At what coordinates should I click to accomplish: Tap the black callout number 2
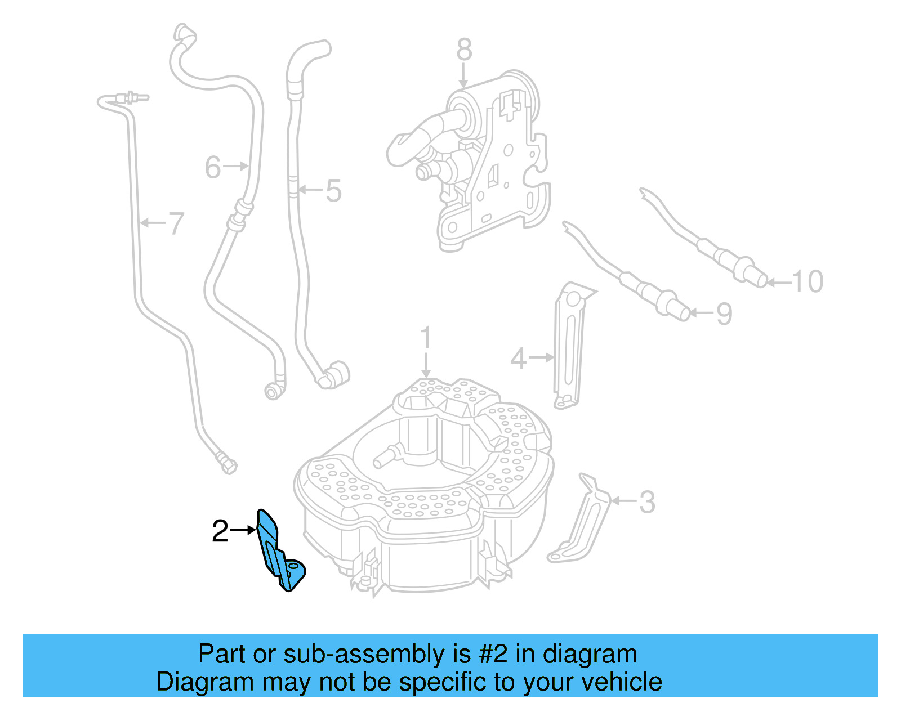[x=220, y=531]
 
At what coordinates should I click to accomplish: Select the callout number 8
[x=464, y=50]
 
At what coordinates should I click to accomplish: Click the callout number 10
[x=808, y=281]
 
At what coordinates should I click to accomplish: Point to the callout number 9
[x=724, y=314]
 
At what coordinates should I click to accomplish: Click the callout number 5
[x=333, y=191]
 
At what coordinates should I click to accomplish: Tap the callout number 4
[x=518, y=359]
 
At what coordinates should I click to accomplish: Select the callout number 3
[x=648, y=502]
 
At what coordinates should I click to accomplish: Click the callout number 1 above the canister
[x=426, y=338]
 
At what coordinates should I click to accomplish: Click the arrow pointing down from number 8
[x=463, y=75]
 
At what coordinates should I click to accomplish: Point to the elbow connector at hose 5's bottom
[x=333, y=375]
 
